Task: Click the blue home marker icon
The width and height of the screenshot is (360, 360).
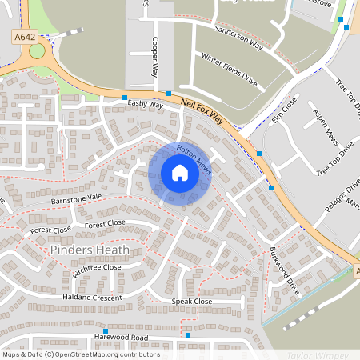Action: pos(180,173)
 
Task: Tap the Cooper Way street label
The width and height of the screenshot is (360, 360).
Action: pos(154,57)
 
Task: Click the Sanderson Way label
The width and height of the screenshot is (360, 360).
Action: pos(238,38)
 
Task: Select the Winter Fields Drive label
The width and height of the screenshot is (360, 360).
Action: pos(229,70)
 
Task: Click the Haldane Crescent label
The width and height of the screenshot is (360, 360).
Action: pos(93,298)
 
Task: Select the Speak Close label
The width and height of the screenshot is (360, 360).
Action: pos(192,301)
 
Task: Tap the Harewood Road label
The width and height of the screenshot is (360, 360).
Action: pos(120,338)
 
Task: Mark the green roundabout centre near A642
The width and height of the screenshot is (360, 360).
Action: pos(37,52)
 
